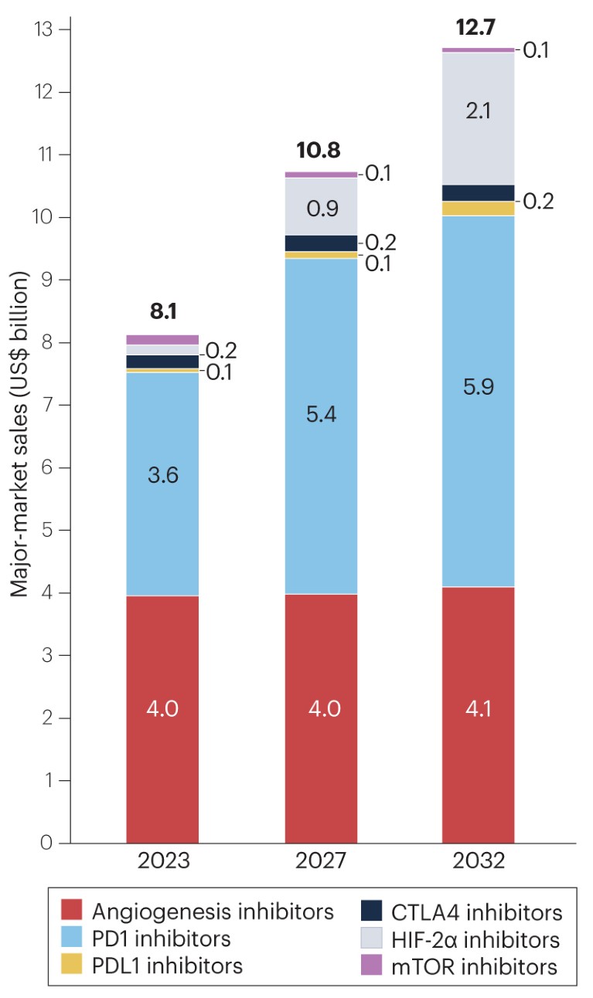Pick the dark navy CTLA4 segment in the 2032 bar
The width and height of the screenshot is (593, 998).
click(x=478, y=192)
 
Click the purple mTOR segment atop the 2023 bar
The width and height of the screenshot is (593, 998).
click(x=162, y=339)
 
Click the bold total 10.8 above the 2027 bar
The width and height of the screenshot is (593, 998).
click(x=318, y=149)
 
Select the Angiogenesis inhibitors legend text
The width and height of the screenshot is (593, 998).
click(x=213, y=911)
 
